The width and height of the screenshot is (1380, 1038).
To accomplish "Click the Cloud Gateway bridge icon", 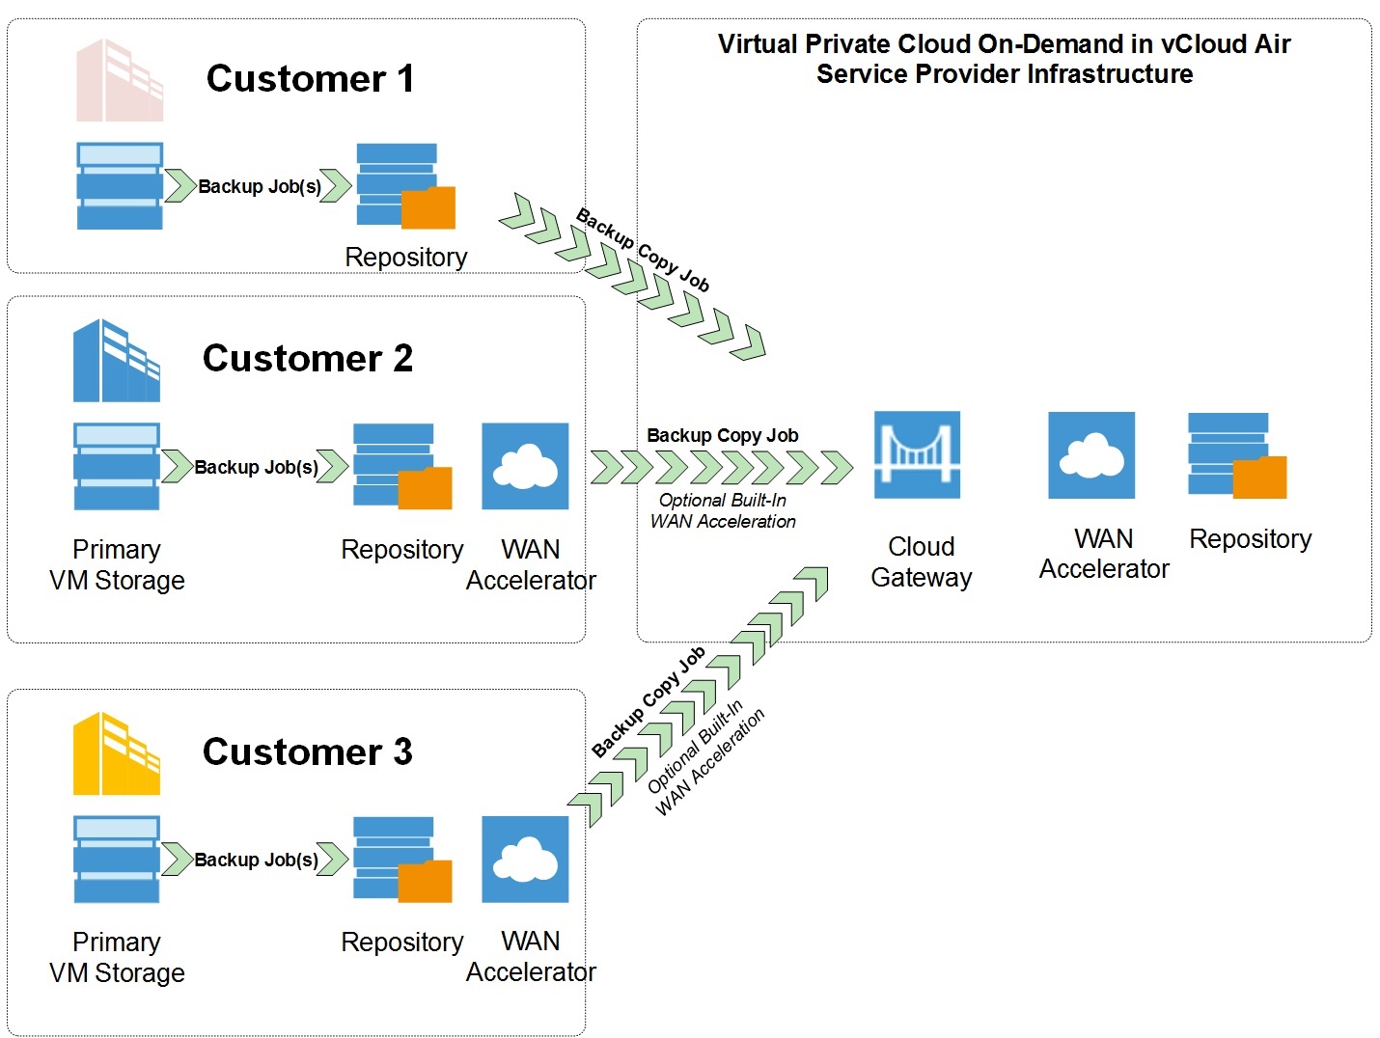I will tap(917, 454).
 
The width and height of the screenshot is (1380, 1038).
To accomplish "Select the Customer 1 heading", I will tap(310, 78).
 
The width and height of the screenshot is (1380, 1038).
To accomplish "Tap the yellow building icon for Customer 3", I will tap(117, 753).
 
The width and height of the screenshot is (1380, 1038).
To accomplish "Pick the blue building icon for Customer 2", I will tap(117, 361).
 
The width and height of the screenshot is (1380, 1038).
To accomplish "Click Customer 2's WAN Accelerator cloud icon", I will tap(525, 466).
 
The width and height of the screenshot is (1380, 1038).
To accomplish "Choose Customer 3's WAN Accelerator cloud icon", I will tap(525, 860).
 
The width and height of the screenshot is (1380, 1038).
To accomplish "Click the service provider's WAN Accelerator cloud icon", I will tap(1091, 455).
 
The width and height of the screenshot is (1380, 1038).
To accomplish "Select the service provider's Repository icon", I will tap(1236, 455).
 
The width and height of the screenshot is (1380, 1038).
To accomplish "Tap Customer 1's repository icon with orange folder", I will tap(405, 186).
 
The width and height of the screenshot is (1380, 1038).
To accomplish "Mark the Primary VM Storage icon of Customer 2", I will tap(117, 466).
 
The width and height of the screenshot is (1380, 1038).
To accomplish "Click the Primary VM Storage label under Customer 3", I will tap(117, 957).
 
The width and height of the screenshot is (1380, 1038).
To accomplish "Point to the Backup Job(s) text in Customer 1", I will tap(260, 186).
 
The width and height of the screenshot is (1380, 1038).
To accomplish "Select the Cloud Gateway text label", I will tap(921, 561).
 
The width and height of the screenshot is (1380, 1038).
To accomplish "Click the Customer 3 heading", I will tap(307, 751).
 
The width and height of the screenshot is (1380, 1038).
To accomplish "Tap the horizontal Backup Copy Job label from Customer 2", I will tap(722, 435).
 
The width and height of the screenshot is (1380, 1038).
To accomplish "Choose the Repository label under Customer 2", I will tap(402, 550).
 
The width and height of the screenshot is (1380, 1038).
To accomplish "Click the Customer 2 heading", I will tap(307, 358).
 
